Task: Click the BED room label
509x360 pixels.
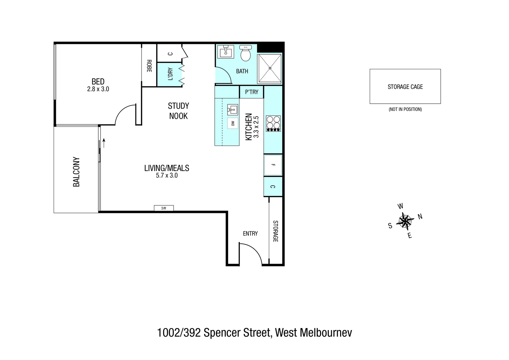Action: [x=98, y=82]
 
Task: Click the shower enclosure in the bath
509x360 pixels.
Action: [x=270, y=68]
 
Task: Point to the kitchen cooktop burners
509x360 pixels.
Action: [x=273, y=123]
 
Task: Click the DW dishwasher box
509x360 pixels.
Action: [x=233, y=123]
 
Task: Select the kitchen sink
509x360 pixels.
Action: [x=233, y=109]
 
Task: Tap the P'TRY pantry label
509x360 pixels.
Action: [x=252, y=92]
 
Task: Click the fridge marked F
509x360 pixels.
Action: [x=273, y=165]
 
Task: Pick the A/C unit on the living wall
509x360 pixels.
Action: [x=164, y=208]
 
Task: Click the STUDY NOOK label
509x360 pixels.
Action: [x=178, y=111]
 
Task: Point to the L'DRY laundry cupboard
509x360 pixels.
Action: [x=170, y=74]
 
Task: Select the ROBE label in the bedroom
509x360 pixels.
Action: [x=149, y=66]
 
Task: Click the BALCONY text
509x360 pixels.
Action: [x=76, y=172]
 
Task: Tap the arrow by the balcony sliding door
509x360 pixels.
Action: [x=104, y=143]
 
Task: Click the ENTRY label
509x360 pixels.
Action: [x=250, y=234]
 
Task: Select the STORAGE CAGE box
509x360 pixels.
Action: [x=405, y=86]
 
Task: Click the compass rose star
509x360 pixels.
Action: [x=404, y=221]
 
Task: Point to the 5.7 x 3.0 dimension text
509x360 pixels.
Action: [x=167, y=176]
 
